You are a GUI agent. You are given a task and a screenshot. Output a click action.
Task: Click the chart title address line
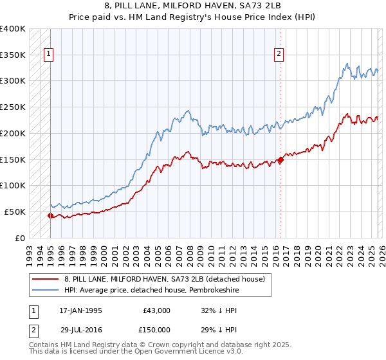click(x=192, y=6)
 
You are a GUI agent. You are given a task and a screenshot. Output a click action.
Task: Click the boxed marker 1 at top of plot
click(x=49, y=55)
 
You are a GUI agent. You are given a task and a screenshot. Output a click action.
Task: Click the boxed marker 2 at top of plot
click(x=279, y=55)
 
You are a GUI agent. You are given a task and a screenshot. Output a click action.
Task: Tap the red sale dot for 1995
click(x=50, y=215)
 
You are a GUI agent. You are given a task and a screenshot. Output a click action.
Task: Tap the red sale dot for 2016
click(x=280, y=159)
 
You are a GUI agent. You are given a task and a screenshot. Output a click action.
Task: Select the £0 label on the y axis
click(x=19, y=238)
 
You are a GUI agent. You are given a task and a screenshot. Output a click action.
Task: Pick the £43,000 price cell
click(x=157, y=310)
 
